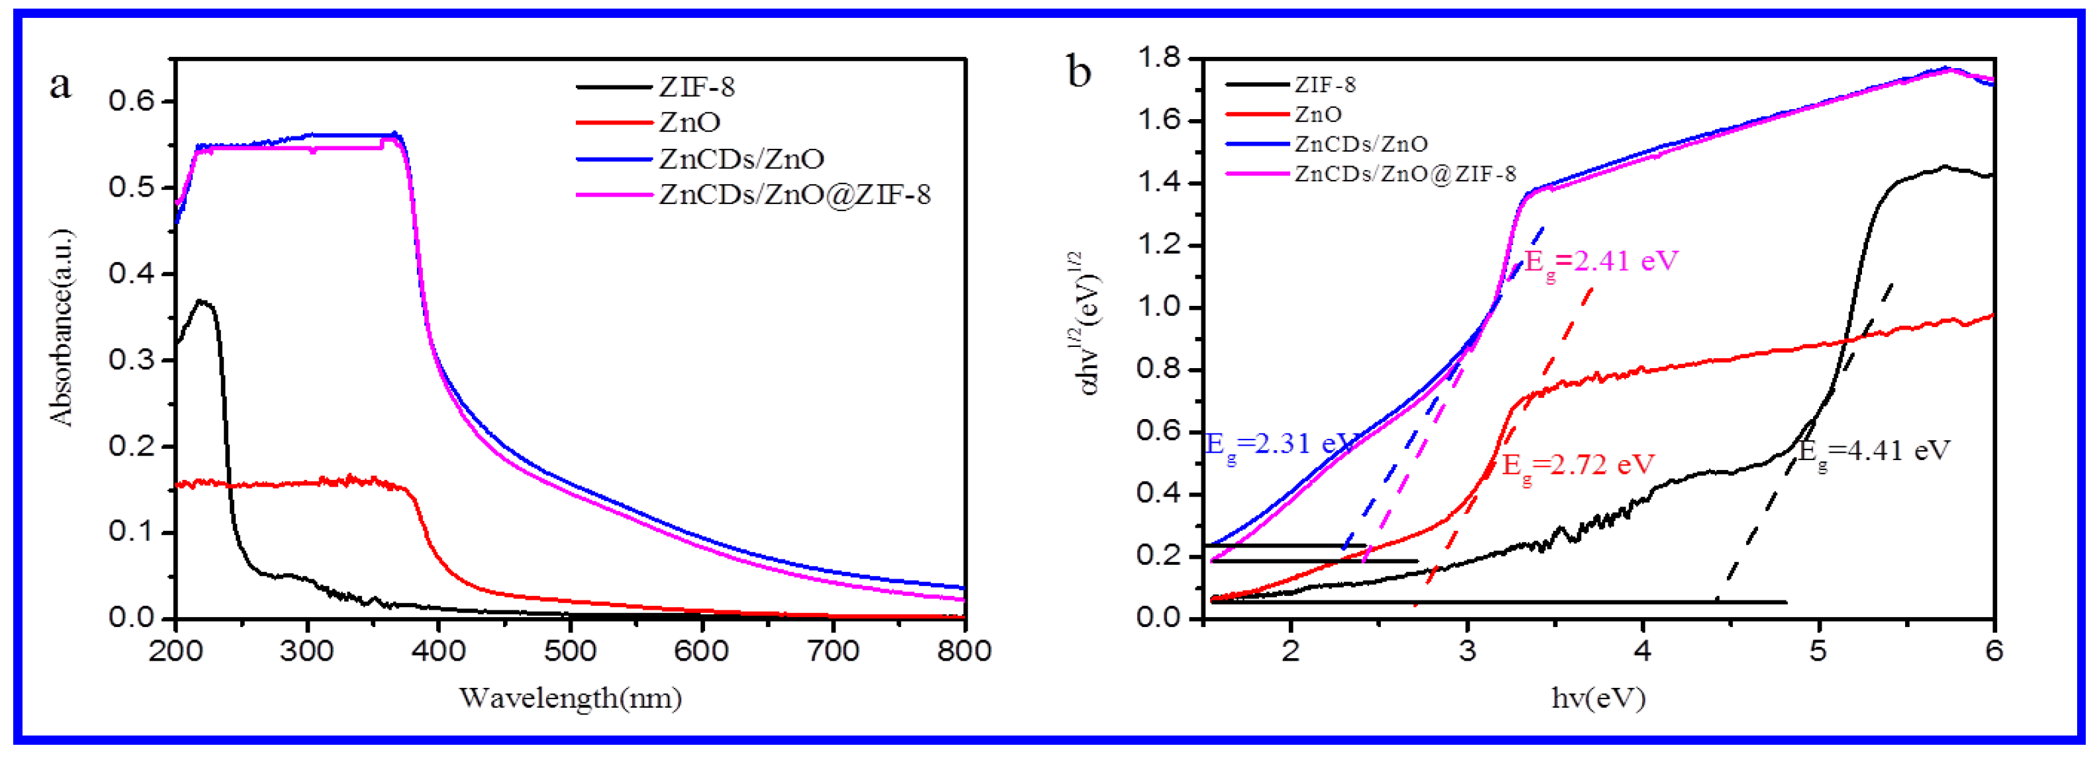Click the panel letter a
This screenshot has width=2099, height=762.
tap(60, 84)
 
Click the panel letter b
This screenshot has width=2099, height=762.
tap(1079, 71)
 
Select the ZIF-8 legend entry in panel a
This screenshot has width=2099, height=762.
tap(696, 86)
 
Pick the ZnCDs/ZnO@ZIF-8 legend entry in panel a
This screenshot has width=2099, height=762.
tap(794, 195)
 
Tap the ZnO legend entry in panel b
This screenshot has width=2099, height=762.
tap(1317, 114)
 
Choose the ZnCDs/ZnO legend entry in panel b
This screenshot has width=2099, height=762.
tap(1361, 144)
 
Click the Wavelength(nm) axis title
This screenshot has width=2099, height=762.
tap(571, 698)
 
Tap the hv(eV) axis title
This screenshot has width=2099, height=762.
tap(1598, 698)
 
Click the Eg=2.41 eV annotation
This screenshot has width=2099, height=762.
tap(1601, 262)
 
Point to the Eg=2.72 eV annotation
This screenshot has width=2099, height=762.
tap(1577, 465)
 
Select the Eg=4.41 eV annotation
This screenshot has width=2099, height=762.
tap(1874, 451)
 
